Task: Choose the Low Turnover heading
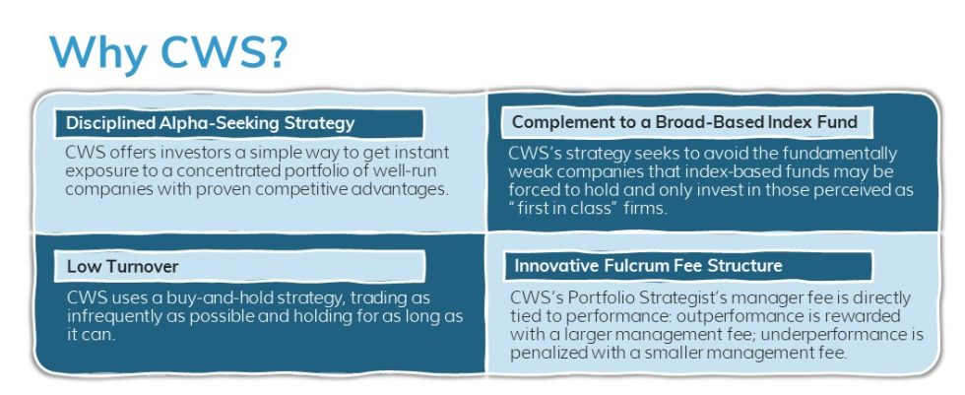point(108,266)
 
